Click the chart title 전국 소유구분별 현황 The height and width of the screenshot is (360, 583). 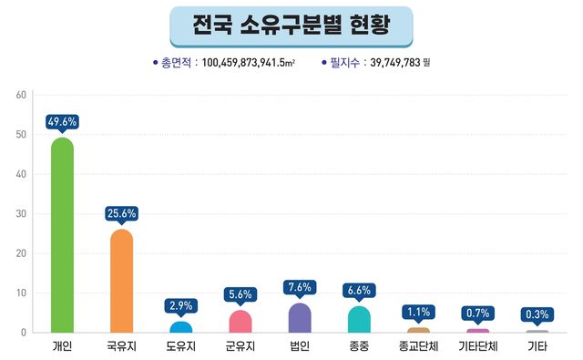pos(291,26)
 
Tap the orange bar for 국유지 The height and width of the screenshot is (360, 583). pos(121,282)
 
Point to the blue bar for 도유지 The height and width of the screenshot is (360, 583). pos(180,327)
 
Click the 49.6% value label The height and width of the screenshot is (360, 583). pos(62,121)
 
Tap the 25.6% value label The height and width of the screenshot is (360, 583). pos(121,213)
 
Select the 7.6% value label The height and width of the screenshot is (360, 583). pos(300,287)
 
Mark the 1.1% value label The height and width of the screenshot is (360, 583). pos(418,311)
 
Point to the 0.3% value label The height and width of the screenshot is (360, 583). pos(537,314)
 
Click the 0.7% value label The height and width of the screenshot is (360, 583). pos(477,313)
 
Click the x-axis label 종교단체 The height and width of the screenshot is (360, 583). pos(418,347)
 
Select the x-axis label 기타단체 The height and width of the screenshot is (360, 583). pos(477,347)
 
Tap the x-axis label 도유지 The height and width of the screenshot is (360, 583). pos(180,347)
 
